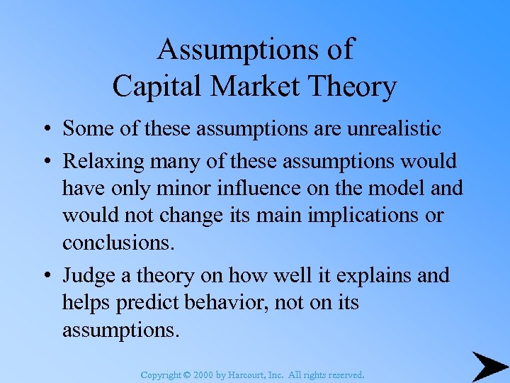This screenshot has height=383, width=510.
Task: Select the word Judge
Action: [85, 275]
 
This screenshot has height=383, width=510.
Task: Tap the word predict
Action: [149, 302]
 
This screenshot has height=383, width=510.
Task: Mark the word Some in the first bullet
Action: [85, 128]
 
